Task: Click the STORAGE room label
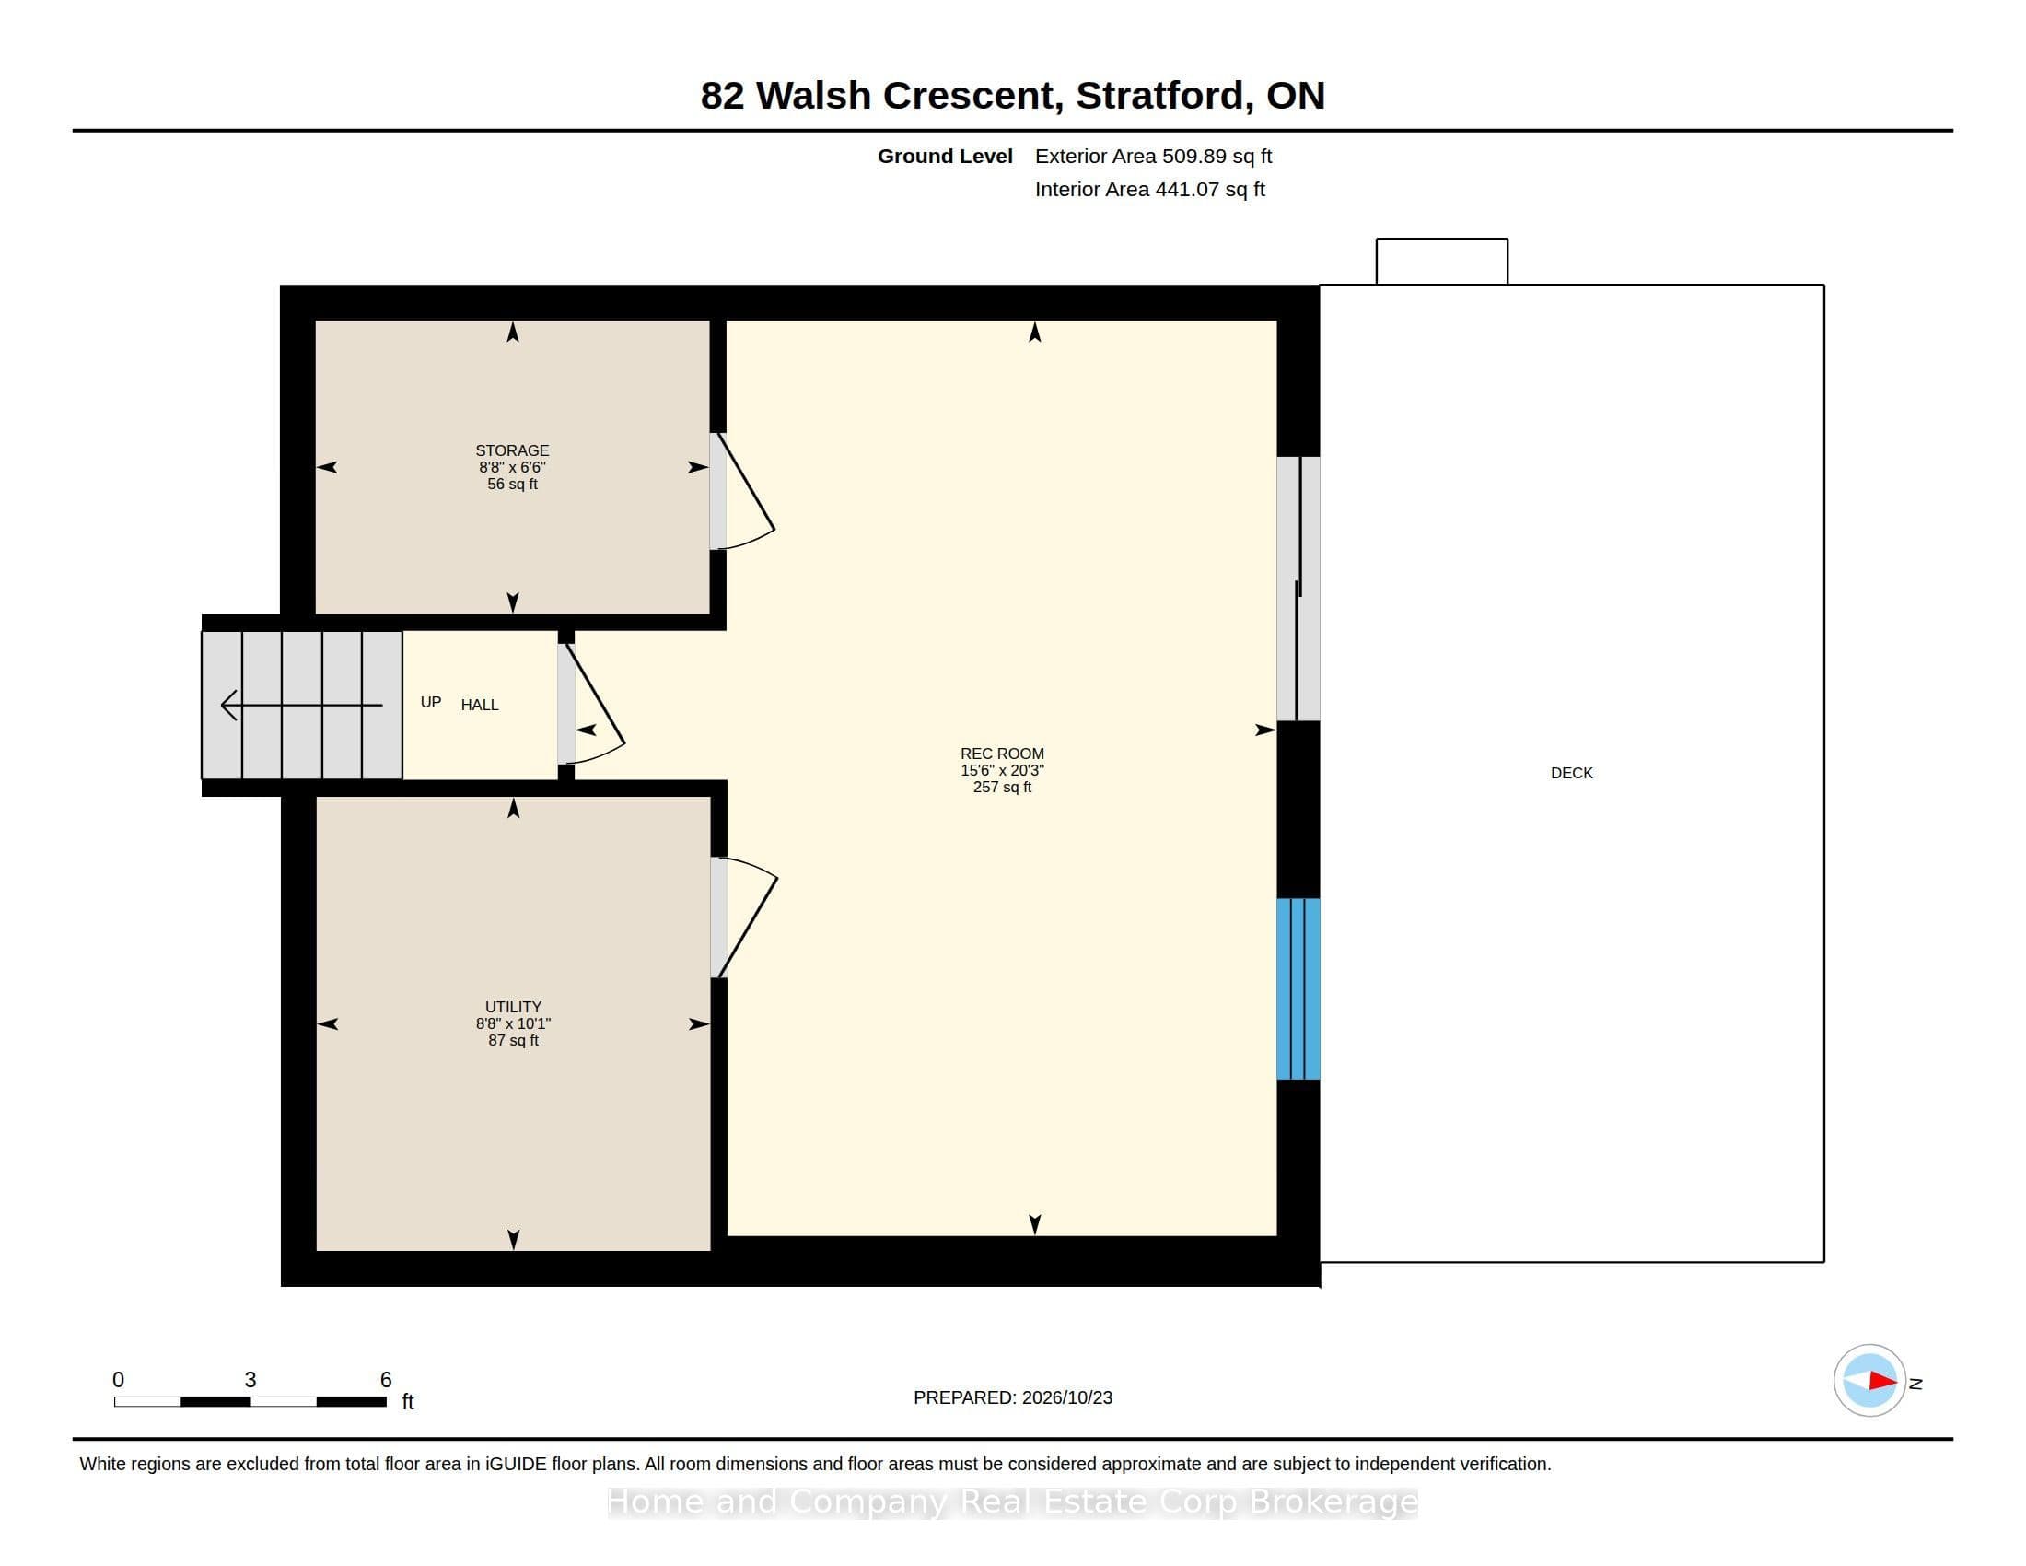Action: tap(512, 450)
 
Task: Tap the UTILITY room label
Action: tap(513, 1007)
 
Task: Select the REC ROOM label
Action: tap(1002, 754)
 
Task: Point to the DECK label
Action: tap(1571, 773)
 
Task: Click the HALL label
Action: tap(480, 705)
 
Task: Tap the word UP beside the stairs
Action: tap(430, 702)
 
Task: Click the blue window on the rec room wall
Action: tap(1298, 988)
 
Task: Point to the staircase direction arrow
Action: tap(301, 705)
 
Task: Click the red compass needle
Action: tap(1882, 1381)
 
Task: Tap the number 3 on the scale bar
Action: tap(250, 1380)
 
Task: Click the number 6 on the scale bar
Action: tap(386, 1380)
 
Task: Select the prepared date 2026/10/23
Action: tap(1066, 1397)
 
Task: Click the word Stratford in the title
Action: tap(1159, 96)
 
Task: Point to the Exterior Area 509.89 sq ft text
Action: tap(1153, 156)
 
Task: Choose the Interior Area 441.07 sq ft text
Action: tap(1149, 189)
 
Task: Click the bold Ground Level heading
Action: tap(945, 156)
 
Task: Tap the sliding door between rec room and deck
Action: tap(1298, 589)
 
